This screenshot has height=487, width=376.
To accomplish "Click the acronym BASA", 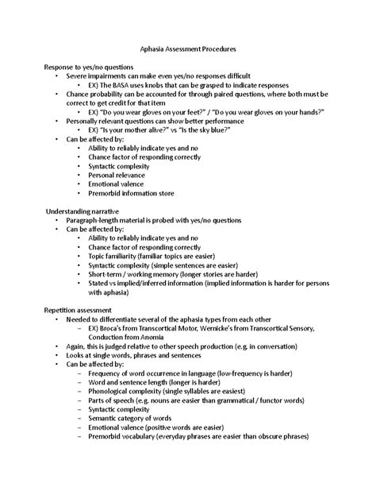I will pyautogui.click(x=124, y=85).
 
